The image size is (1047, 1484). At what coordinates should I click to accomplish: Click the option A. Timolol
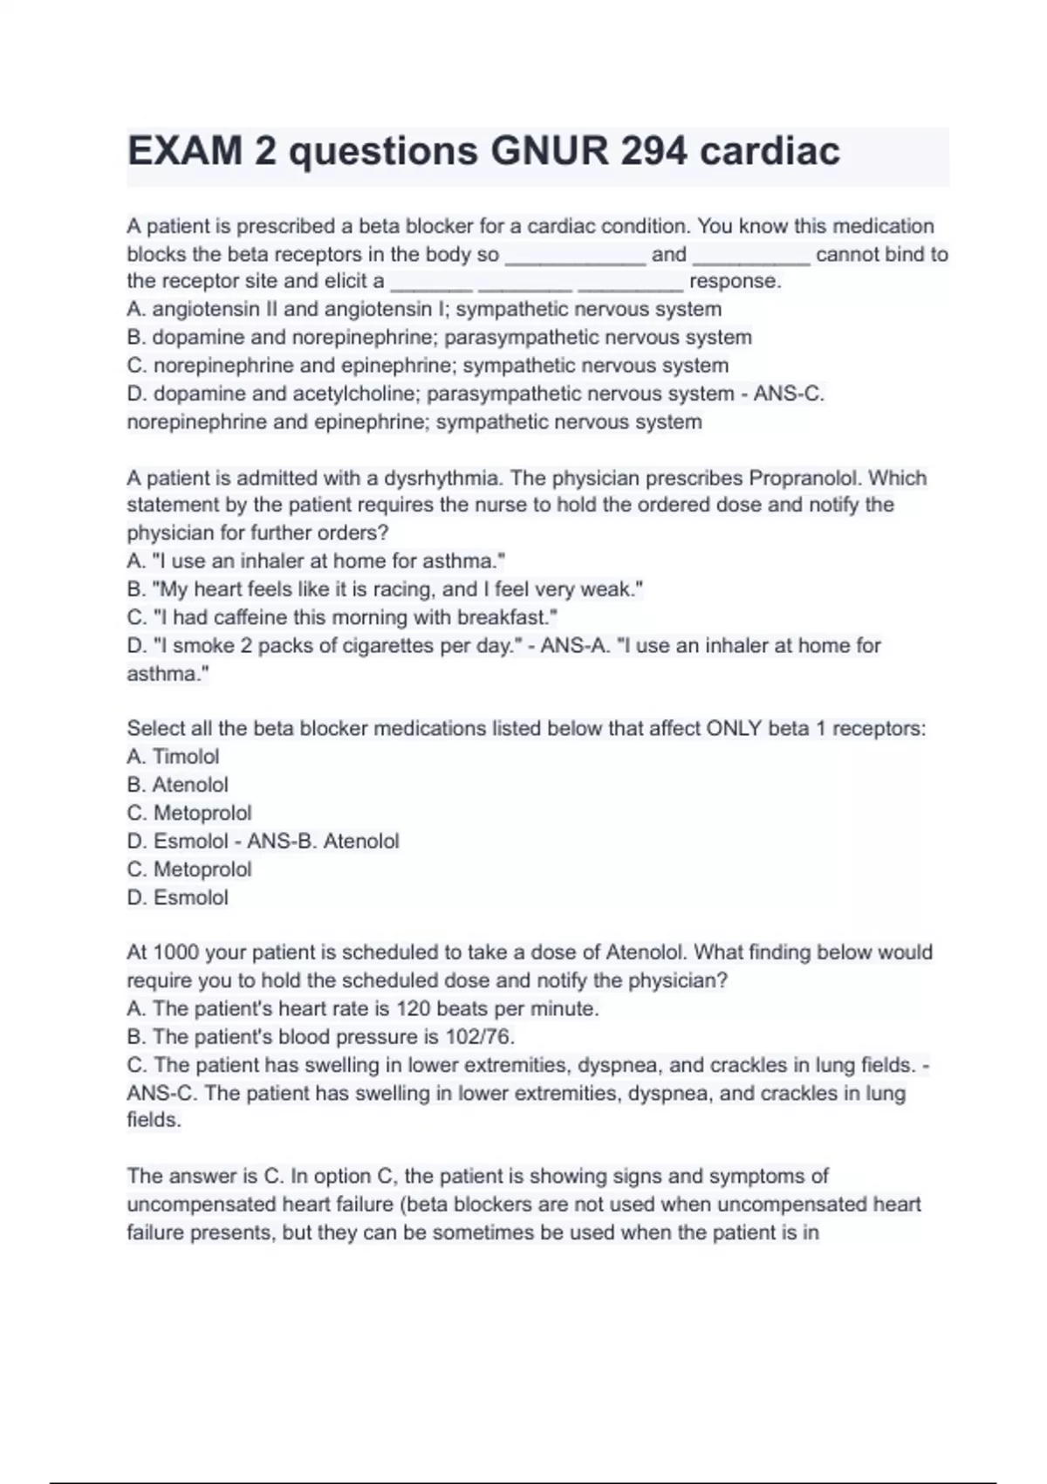point(173,757)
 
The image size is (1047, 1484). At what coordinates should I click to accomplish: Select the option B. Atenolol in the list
point(177,785)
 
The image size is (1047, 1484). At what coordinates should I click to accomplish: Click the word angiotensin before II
point(205,310)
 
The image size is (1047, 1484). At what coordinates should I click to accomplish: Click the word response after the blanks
point(735,282)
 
